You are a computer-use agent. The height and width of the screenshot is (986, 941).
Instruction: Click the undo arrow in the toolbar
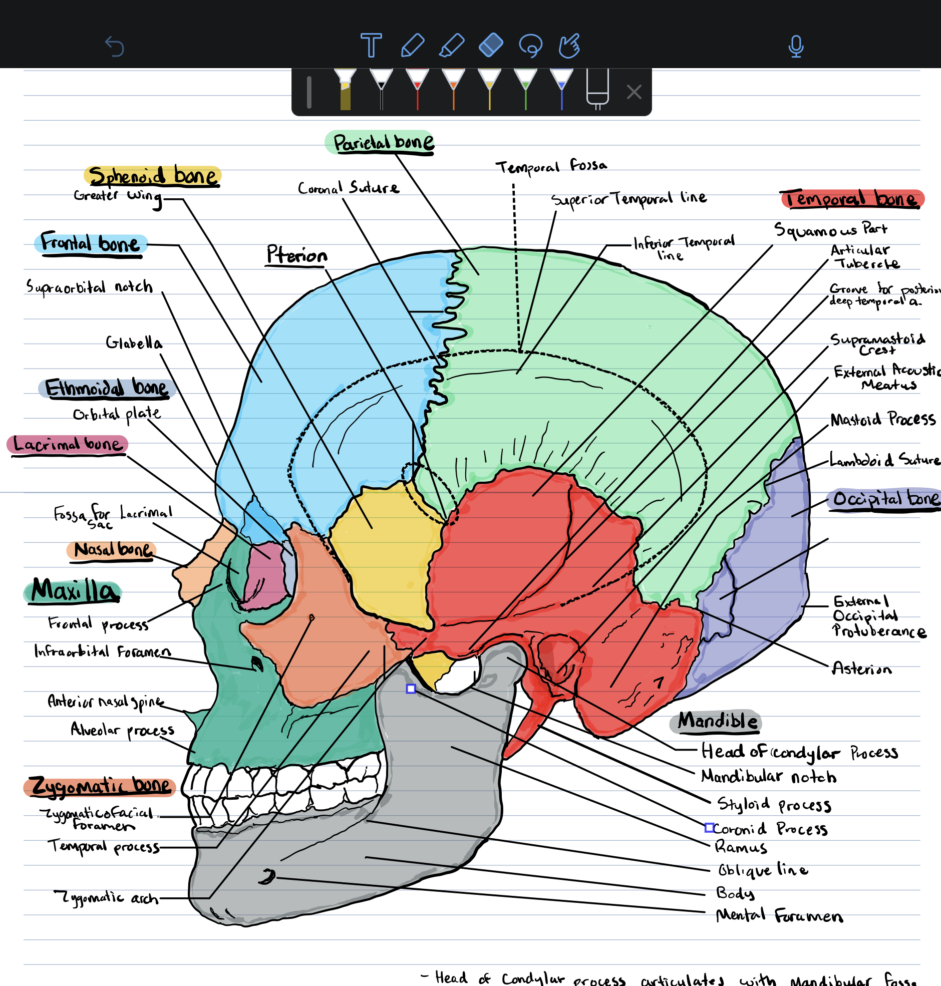(x=114, y=47)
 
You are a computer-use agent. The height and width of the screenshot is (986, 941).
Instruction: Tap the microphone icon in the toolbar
(x=796, y=47)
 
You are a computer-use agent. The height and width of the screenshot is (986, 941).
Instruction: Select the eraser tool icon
(x=491, y=45)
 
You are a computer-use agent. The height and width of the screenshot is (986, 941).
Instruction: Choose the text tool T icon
(x=371, y=46)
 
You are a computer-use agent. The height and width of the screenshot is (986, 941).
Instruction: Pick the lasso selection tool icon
(x=530, y=46)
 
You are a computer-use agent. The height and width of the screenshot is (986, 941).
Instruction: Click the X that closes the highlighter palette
(x=634, y=92)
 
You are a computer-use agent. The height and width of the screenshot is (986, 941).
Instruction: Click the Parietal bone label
(x=383, y=142)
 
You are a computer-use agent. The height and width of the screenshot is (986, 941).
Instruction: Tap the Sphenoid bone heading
(x=152, y=176)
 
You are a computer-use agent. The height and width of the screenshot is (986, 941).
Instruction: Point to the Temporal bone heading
(x=852, y=199)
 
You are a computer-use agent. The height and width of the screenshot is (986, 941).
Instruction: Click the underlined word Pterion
(x=296, y=255)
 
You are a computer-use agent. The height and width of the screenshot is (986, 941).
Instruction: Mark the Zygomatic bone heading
(x=100, y=785)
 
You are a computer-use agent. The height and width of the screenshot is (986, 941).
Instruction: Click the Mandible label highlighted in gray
(x=717, y=721)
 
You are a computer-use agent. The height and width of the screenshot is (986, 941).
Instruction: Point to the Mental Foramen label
(x=779, y=916)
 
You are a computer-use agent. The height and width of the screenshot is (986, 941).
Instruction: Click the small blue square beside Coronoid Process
(x=709, y=828)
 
